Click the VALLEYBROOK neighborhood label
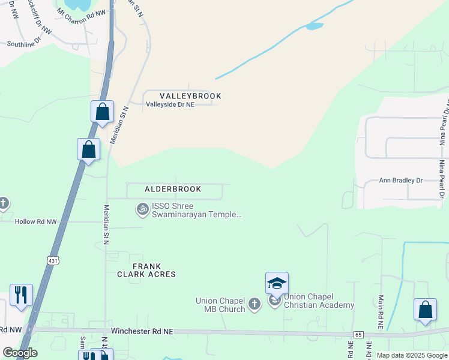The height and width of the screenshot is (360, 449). [190, 96]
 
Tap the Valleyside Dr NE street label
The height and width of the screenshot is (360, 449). [170, 104]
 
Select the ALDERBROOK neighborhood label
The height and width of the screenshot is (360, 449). [173, 189]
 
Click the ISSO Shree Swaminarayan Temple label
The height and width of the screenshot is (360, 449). [196, 209]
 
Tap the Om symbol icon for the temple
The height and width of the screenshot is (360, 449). [143, 209]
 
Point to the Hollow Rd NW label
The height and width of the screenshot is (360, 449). [36, 221]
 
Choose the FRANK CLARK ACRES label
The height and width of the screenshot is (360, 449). [146, 269]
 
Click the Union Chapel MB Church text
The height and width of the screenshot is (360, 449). [220, 305]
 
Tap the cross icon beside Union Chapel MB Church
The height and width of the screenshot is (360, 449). [254, 304]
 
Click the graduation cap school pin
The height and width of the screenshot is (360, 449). [277, 283]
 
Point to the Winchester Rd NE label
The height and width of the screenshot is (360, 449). [142, 331]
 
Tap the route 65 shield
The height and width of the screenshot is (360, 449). [358, 334]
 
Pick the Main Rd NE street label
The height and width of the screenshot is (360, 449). [380, 310]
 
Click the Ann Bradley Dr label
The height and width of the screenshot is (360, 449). [401, 180]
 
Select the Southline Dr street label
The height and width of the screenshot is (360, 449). [23, 43]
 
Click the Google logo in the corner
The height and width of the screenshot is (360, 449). [20, 353]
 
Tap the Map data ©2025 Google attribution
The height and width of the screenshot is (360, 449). [411, 355]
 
